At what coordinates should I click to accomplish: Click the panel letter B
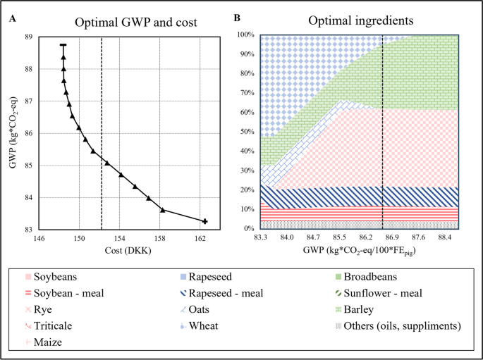[x=238, y=17]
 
